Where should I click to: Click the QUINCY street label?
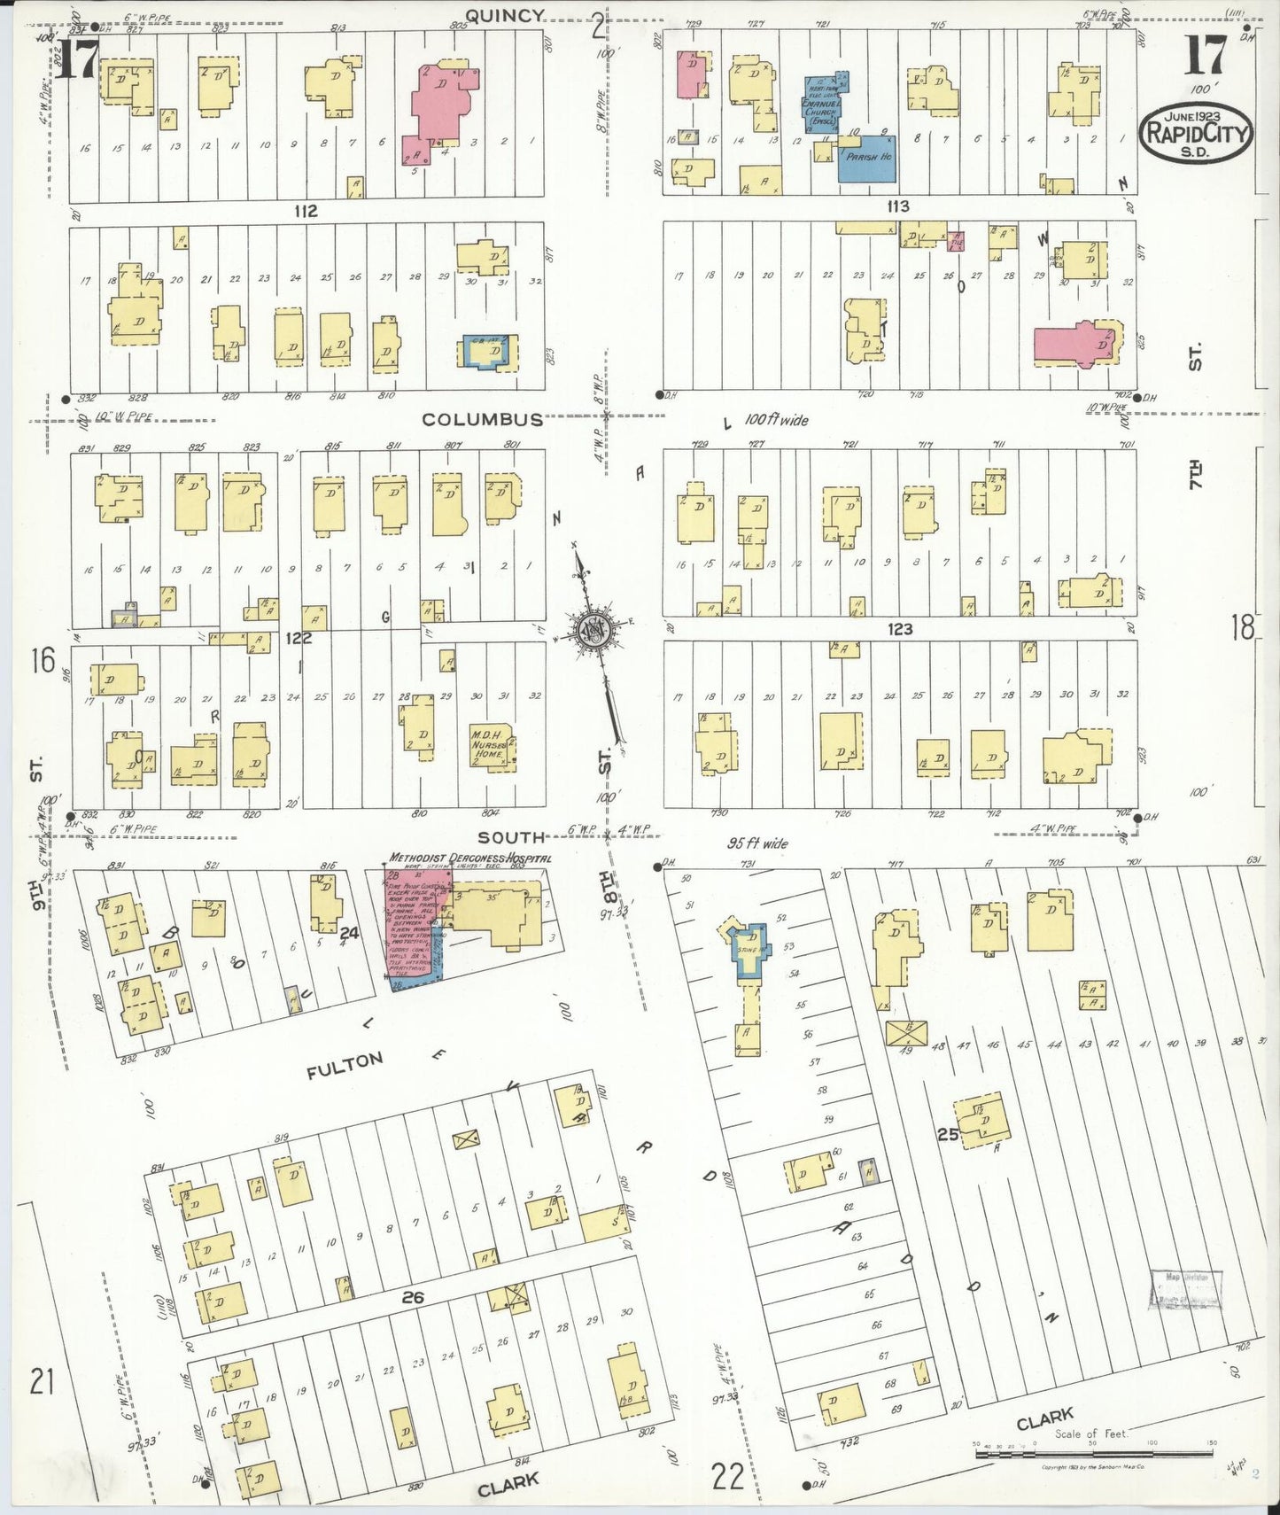[x=504, y=15]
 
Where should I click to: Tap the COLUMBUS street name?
[x=482, y=419]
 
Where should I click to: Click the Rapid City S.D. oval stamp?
[x=1196, y=134]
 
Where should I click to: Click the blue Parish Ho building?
[x=866, y=159]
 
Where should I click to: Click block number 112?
[x=306, y=211]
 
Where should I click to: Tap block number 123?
[x=899, y=629]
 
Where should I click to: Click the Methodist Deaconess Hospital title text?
[x=470, y=858]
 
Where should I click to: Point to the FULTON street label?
[x=345, y=1066]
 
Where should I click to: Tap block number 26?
[x=413, y=1297]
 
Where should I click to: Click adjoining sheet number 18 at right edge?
[x=1242, y=628]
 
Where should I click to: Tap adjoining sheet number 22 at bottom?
[x=727, y=1477]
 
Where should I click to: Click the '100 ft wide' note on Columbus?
[x=776, y=420]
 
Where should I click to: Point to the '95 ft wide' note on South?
[x=757, y=843]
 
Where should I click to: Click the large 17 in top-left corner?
[x=76, y=60]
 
